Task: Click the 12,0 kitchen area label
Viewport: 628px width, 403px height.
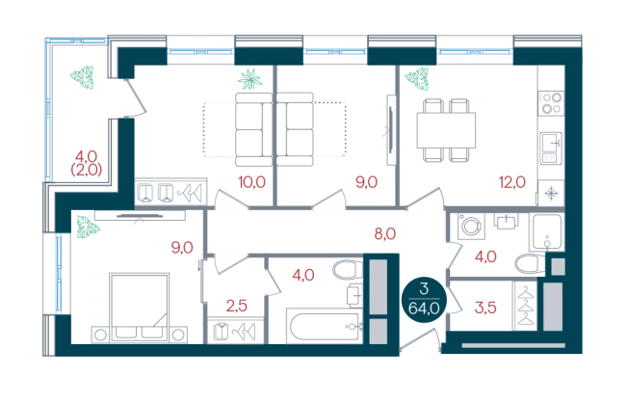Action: [x=511, y=182]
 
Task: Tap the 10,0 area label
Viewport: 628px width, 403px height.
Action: [x=252, y=182]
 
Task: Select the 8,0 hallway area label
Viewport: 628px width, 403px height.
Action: [x=385, y=233]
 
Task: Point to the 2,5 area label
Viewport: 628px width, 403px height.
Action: [x=237, y=306]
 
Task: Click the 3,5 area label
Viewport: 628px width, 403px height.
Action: [x=485, y=308]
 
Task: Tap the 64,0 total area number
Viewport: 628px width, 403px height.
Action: [x=424, y=309]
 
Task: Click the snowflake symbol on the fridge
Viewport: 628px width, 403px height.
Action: [x=551, y=193]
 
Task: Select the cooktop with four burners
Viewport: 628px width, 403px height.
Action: [x=551, y=103]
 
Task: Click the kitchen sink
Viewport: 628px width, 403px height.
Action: [x=552, y=148]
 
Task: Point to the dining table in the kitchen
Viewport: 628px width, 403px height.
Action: [x=446, y=130]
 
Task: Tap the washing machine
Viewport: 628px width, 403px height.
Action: [x=471, y=227]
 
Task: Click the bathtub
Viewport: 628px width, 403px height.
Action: [x=325, y=327]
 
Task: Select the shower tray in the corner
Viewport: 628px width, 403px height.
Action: [x=547, y=232]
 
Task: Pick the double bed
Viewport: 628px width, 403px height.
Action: [x=139, y=308]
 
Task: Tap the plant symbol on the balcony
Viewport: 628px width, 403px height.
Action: [x=83, y=77]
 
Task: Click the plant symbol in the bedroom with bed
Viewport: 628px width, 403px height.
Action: [x=88, y=227]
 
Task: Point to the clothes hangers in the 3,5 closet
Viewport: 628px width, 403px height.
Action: [x=526, y=307]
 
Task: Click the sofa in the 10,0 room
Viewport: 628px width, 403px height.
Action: [x=254, y=129]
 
